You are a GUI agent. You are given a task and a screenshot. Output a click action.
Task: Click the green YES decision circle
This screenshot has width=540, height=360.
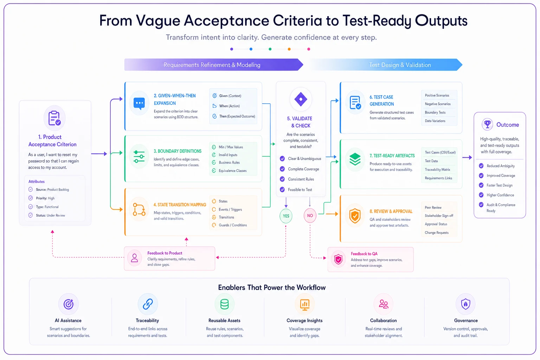click(x=286, y=216)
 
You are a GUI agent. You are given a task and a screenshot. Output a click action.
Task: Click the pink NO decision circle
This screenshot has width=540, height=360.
click(x=310, y=216)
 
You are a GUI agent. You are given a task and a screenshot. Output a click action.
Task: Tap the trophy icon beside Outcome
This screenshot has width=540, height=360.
click(x=487, y=124)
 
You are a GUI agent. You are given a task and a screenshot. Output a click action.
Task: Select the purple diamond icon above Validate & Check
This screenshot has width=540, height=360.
click(x=301, y=99)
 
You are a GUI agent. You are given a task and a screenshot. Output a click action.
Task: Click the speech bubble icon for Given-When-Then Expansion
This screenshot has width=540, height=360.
click(x=139, y=104)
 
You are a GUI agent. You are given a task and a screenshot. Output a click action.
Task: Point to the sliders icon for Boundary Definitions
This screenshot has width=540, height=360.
click(x=139, y=157)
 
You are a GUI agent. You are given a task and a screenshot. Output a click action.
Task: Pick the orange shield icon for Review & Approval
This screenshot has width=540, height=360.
click(x=355, y=216)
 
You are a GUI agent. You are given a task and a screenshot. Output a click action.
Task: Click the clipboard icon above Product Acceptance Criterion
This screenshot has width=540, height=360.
click(x=54, y=118)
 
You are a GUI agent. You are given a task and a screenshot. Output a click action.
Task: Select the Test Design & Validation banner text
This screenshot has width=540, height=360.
click(x=400, y=65)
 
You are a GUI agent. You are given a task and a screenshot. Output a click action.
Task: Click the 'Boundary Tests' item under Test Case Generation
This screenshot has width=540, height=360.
click(x=435, y=112)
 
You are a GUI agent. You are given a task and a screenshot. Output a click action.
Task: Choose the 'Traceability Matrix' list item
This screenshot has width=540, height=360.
click(x=438, y=169)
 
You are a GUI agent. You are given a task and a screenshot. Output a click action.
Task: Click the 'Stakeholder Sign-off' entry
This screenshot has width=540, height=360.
click(x=439, y=216)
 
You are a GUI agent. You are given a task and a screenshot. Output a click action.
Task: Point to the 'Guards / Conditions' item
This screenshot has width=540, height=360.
click(x=233, y=225)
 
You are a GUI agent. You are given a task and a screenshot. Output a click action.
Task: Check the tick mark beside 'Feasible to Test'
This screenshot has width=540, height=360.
click(x=282, y=189)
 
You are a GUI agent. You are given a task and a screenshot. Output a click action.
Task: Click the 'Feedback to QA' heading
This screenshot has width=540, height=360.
click(x=364, y=254)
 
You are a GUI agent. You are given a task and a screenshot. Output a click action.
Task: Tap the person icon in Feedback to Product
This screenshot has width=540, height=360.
click(x=135, y=258)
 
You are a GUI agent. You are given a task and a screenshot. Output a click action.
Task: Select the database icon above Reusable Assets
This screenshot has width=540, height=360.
click(x=224, y=304)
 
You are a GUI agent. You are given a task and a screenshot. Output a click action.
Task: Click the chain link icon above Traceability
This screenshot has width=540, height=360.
click(x=148, y=304)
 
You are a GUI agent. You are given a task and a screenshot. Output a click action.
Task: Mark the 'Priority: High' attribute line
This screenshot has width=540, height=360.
click(x=45, y=198)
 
